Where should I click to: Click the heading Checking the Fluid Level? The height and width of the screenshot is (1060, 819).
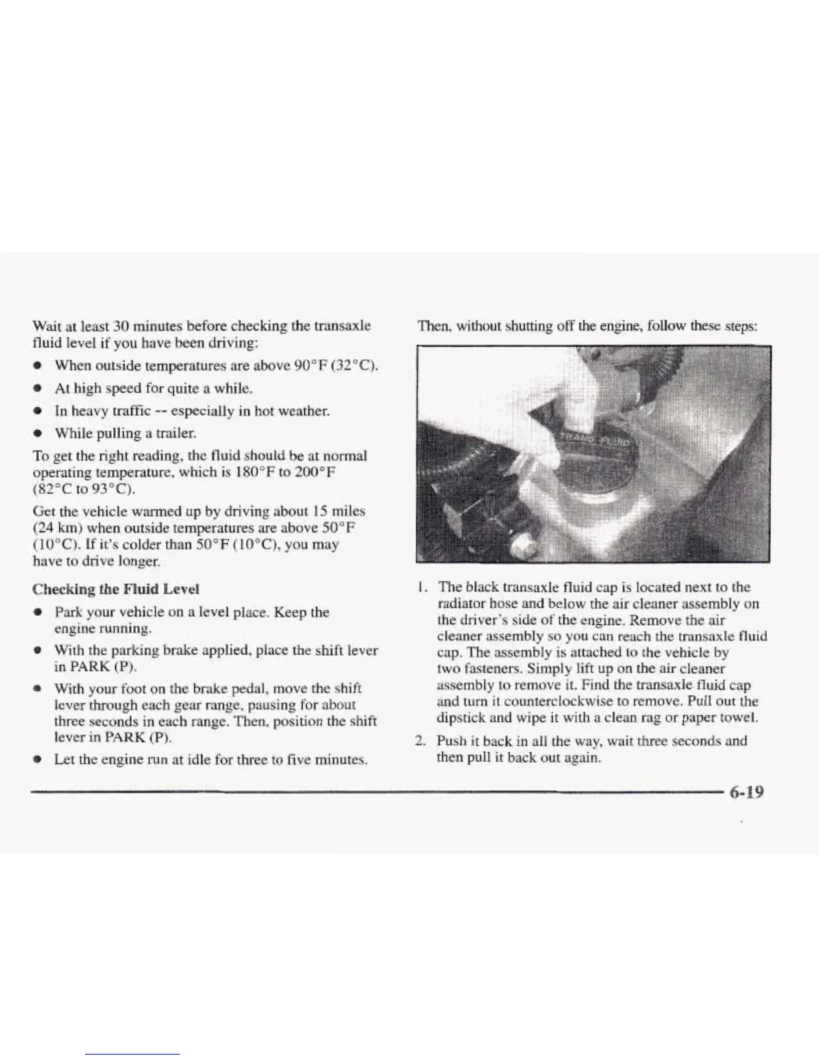click(x=116, y=590)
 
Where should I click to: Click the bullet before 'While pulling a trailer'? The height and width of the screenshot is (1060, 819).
click(x=37, y=433)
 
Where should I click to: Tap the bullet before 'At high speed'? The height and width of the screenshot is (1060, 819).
click(x=37, y=388)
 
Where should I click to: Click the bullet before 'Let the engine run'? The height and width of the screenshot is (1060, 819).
click(x=37, y=760)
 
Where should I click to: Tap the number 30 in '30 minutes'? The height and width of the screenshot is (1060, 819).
click(x=120, y=325)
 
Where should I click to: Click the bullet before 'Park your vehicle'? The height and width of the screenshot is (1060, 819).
click(x=37, y=612)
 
